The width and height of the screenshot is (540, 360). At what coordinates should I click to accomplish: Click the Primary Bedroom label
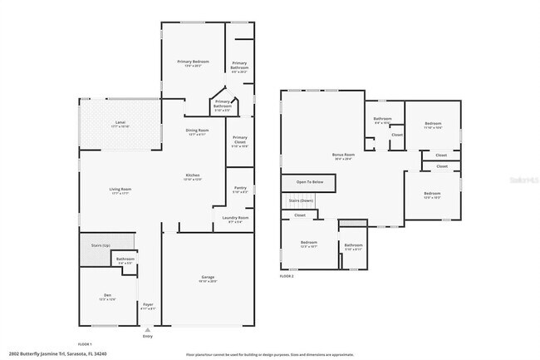pos(192,62)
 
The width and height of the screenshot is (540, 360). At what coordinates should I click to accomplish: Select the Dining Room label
pos(197,131)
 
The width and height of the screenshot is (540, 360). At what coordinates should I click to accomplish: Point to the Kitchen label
pos(192,175)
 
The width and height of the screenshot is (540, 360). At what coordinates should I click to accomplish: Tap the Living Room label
pos(120,190)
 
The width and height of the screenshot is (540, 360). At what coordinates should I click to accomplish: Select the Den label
pos(107,296)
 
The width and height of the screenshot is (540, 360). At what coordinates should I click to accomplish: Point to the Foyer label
pos(148,305)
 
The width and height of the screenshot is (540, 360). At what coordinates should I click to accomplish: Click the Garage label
pos(208,277)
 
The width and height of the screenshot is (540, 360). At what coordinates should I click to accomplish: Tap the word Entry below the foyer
pos(148,336)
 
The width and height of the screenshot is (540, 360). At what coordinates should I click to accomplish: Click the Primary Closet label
pos(240,140)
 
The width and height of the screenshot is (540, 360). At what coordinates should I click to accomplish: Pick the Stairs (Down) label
pos(301,200)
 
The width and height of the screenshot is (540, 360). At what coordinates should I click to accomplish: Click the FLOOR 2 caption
pos(287,275)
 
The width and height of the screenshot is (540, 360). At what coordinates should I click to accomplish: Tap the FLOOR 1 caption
pos(85,343)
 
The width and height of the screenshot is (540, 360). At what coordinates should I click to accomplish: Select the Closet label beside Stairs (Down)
pos(299,215)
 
